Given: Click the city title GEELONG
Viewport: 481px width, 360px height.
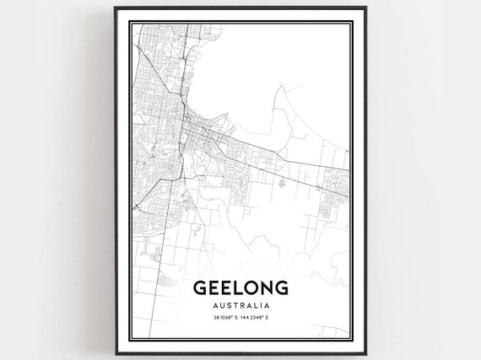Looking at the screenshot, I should point(240,289).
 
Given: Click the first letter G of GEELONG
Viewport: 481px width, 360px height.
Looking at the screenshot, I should point(201,289).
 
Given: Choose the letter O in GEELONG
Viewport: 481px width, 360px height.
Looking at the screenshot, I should point(249,289).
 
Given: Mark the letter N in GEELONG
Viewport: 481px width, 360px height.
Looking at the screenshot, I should point(265,289).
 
